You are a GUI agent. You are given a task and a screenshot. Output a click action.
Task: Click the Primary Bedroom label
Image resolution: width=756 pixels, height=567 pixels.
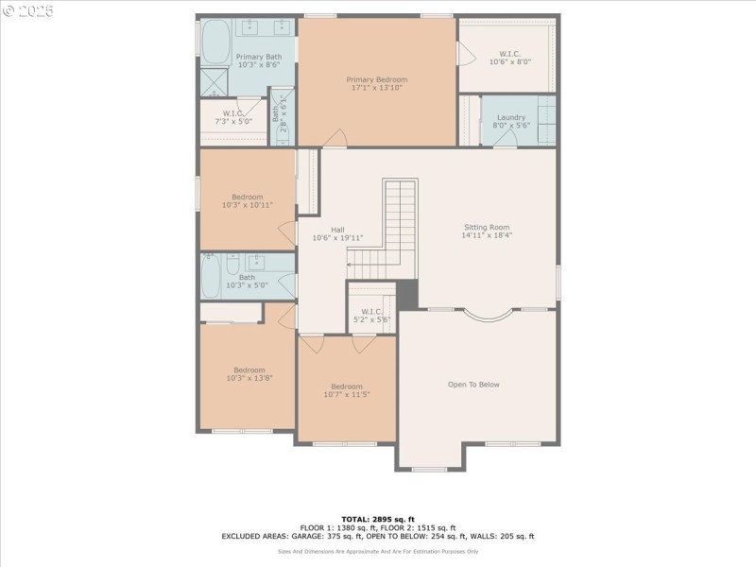pos(377,79)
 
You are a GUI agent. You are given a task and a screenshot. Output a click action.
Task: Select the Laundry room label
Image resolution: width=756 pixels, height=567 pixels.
pos(510,117)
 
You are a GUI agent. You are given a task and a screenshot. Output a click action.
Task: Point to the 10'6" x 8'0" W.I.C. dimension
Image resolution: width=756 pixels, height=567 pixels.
pos(509,62)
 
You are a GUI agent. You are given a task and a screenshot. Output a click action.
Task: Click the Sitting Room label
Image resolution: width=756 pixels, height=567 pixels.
pos(487,227)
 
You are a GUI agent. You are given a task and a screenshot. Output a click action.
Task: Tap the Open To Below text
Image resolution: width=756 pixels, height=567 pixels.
pos(473,385)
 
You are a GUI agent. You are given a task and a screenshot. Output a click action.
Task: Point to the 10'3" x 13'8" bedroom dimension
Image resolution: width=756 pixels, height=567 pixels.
pos(249,378)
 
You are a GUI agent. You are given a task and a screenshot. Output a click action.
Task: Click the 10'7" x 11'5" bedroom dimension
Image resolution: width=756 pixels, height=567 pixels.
pos(346,394)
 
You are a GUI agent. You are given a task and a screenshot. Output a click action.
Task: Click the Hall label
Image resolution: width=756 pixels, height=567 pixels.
pos(337,230)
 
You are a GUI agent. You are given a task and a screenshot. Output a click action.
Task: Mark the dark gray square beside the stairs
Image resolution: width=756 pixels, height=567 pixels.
pos(406,294)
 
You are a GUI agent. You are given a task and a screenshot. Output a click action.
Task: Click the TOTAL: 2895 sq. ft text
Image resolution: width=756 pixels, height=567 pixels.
pos(377,519)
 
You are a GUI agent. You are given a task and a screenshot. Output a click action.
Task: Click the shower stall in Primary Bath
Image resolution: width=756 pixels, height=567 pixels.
pos(213,83)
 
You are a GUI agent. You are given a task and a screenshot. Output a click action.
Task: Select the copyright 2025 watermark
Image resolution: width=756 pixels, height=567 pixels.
pos(28,11)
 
